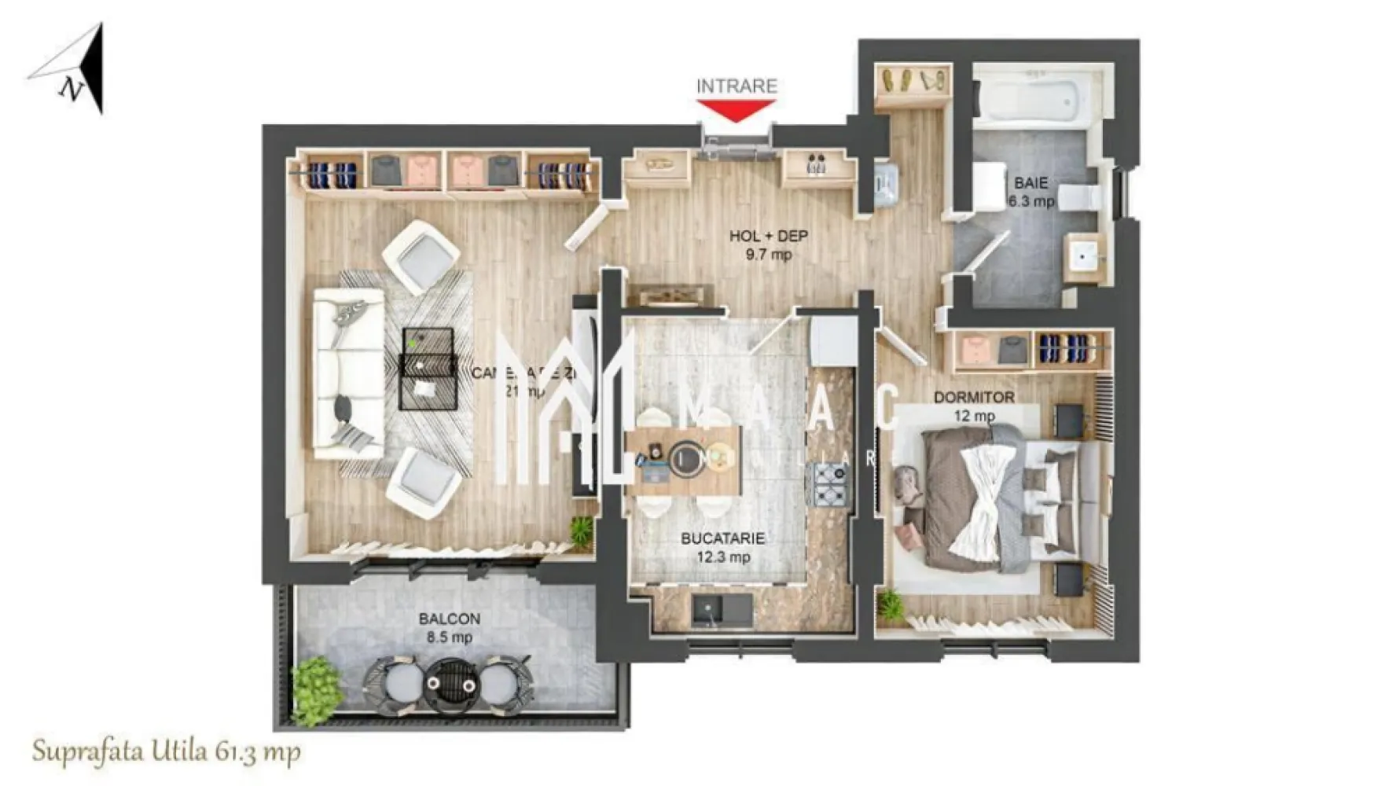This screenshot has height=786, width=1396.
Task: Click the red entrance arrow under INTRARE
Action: [736, 111]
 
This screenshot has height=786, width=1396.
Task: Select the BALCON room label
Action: [449, 619]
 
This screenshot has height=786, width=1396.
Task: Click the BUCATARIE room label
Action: [722, 538]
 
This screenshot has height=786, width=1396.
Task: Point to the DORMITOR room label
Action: [974, 398]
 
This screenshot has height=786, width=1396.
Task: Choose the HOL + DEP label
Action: [768, 236]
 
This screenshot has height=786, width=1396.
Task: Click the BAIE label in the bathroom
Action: [1030, 183]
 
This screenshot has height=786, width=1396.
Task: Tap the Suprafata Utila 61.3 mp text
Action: [166, 751]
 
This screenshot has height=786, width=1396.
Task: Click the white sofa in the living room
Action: [348, 373]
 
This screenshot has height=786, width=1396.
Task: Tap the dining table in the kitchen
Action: [684, 460]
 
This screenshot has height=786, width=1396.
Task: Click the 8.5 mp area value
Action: [449, 637]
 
